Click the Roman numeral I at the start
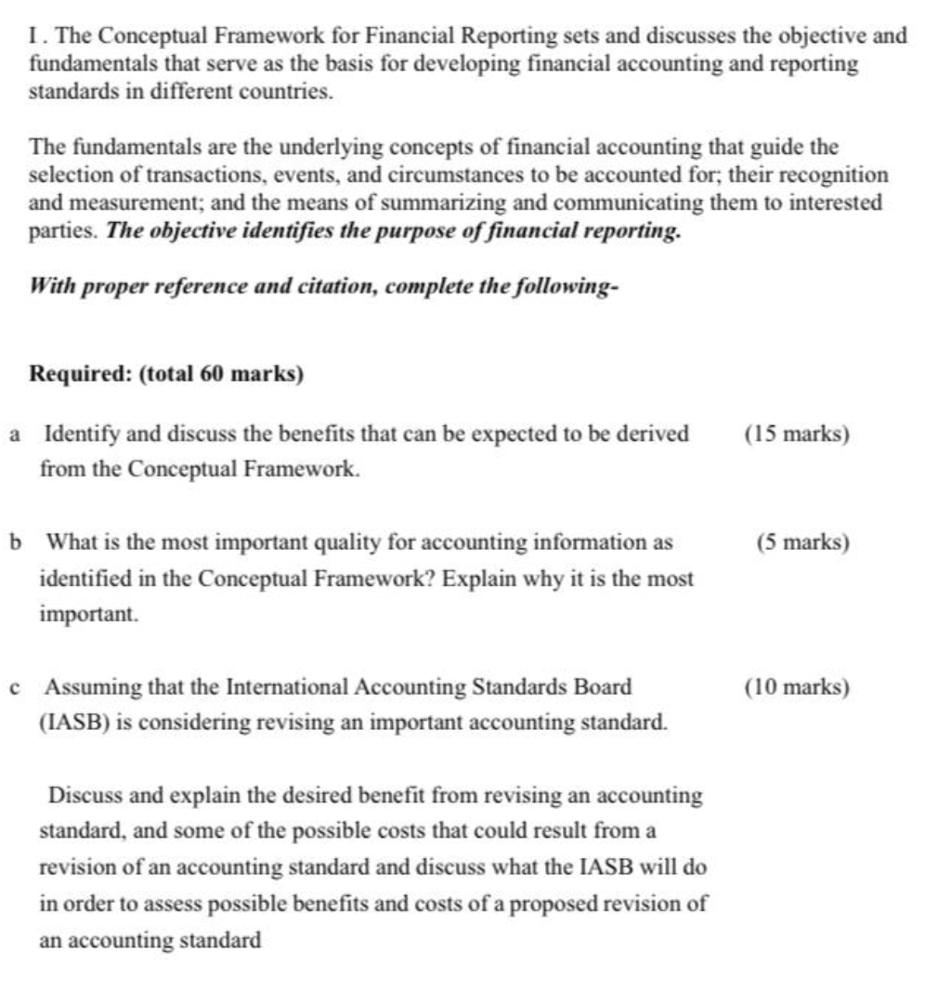[x=34, y=36]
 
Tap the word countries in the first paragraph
[x=286, y=93]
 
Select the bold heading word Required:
[x=81, y=374]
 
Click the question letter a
[x=15, y=434]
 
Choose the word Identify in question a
[x=80, y=434]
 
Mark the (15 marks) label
[x=797, y=434]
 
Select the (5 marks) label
[x=802, y=542]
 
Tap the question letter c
[x=15, y=688]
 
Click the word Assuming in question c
[x=89, y=688]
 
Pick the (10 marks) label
[x=797, y=688]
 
